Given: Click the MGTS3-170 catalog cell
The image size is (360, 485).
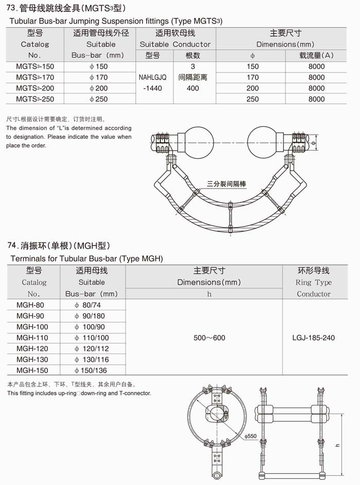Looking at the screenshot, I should pyautogui.click(x=34, y=78).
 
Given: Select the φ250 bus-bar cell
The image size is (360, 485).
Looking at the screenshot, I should pyautogui.click(x=99, y=99).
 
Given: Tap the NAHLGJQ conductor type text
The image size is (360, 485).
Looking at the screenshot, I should pyautogui.click(x=153, y=78).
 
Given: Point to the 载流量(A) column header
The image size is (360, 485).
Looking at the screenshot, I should pyautogui.click(x=316, y=55).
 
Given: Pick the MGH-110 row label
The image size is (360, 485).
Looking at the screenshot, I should pyautogui.click(x=32, y=338).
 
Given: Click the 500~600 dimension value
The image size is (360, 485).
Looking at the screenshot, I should pyautogui.click(x=209, y=338).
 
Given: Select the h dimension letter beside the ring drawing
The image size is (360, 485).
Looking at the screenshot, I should pyautogui.click(x=338, y=444).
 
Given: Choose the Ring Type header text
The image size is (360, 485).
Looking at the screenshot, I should pyautogui.click(x=313, y=283).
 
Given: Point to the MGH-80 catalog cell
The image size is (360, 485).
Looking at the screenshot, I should pyautogui.click(x=30, y=306).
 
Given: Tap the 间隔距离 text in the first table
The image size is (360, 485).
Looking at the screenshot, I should pyautogui.click(x=193, y=78).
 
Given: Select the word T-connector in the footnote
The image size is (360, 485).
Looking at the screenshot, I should pyautogui.click(x=134, y=394).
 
